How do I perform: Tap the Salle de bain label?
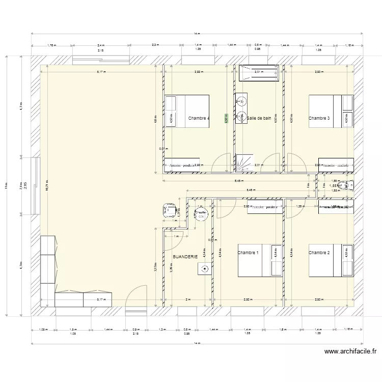point(259,118)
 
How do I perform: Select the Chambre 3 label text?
point(319,118)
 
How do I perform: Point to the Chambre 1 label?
point(248,253)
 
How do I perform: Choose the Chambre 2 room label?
point(319,253)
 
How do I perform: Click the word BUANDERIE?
point(185,257)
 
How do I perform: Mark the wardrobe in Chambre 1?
point(265,208)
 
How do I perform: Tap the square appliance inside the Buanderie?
point(205,270)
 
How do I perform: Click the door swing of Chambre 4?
point(220,164)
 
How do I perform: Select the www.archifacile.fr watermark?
point(350,351)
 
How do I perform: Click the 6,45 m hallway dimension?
point(238,180)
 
